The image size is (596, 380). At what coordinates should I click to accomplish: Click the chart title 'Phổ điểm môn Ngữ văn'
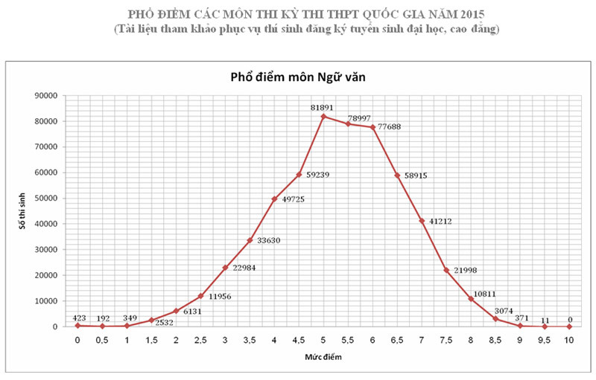[x=297, y=77]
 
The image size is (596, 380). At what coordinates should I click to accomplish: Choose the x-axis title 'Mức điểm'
[x=323, y=357]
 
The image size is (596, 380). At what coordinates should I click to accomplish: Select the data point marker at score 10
[x=569, y=326]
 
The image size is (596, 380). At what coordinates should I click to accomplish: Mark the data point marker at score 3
[x=225, y=268]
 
